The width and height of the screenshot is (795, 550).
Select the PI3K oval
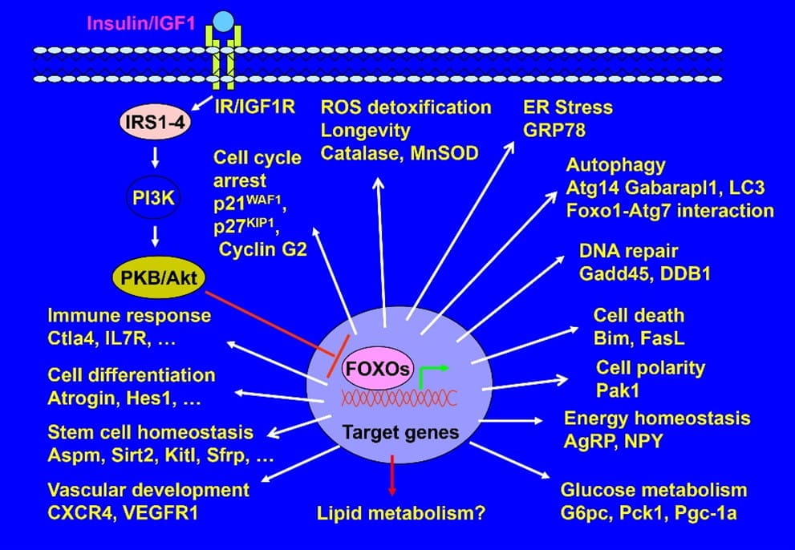click(158, 195)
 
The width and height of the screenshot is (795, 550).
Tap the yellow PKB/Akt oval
click(157, 277)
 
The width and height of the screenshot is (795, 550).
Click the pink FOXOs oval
click(377, 370)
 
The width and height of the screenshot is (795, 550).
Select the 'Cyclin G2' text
click(263, 249)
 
